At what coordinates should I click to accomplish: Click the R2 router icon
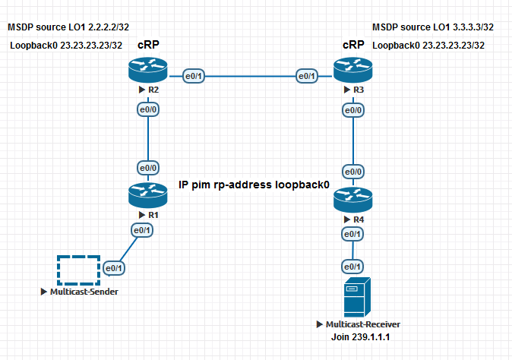(x=147, y=71)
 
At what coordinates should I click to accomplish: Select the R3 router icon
(x=352, y=71)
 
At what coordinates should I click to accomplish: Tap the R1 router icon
(x=147, y=195)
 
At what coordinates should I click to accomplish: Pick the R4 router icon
(x=352, y=201)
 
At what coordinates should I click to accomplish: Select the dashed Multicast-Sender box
(x=78, y=270)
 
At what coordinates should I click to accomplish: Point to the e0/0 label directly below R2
(x=147, y=110)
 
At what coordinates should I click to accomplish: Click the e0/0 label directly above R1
(x=147, y=167)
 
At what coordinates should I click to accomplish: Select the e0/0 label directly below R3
(x=352, y=111)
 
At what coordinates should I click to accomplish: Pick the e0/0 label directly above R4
(x=352, y=172)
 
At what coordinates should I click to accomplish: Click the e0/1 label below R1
(x=141, y=230)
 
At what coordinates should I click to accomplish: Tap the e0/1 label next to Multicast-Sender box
(x=114, y=267)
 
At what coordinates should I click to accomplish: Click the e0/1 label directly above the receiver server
(x=352, y=267)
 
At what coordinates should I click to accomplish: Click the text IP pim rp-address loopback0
(x=254, y=185)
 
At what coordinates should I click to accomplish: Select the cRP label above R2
(x=148, y=45)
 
